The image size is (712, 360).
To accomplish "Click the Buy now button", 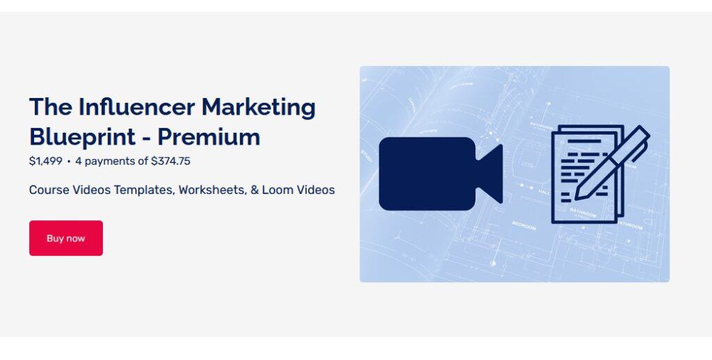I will click(66, 238).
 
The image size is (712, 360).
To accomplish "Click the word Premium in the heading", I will click(209, 136).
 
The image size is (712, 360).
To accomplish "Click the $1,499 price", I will click(46, 161).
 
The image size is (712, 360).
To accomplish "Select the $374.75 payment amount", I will click(170, 161).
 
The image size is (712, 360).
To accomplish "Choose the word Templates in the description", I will click(144, 190).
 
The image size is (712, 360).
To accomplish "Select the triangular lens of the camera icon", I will click(491, 174).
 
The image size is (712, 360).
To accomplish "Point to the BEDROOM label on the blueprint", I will click(524, 226).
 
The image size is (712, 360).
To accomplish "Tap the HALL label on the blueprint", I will click(544, 192).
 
